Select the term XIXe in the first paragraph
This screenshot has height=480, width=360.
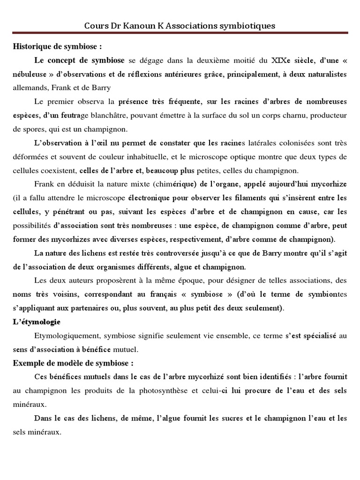tap(279, 60)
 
